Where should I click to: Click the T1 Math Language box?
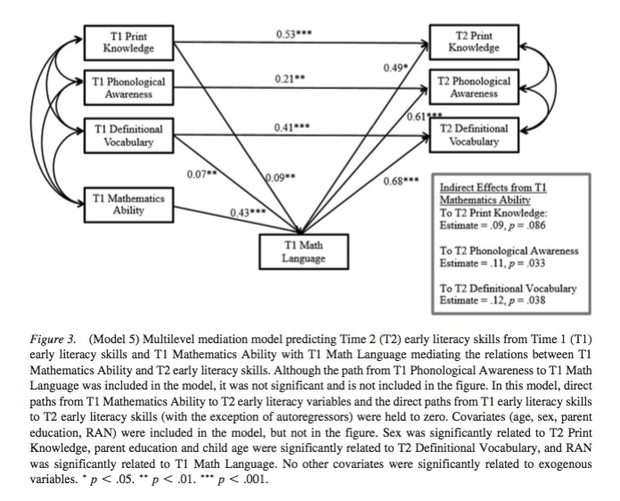coord(303,251)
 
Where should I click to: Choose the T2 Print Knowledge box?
coord(473,41)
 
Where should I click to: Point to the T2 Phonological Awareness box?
coord(473,87)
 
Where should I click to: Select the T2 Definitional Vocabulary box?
coord(473,136)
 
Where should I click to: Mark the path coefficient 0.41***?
coord(292,127)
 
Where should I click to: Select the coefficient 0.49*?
coord(396,67)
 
